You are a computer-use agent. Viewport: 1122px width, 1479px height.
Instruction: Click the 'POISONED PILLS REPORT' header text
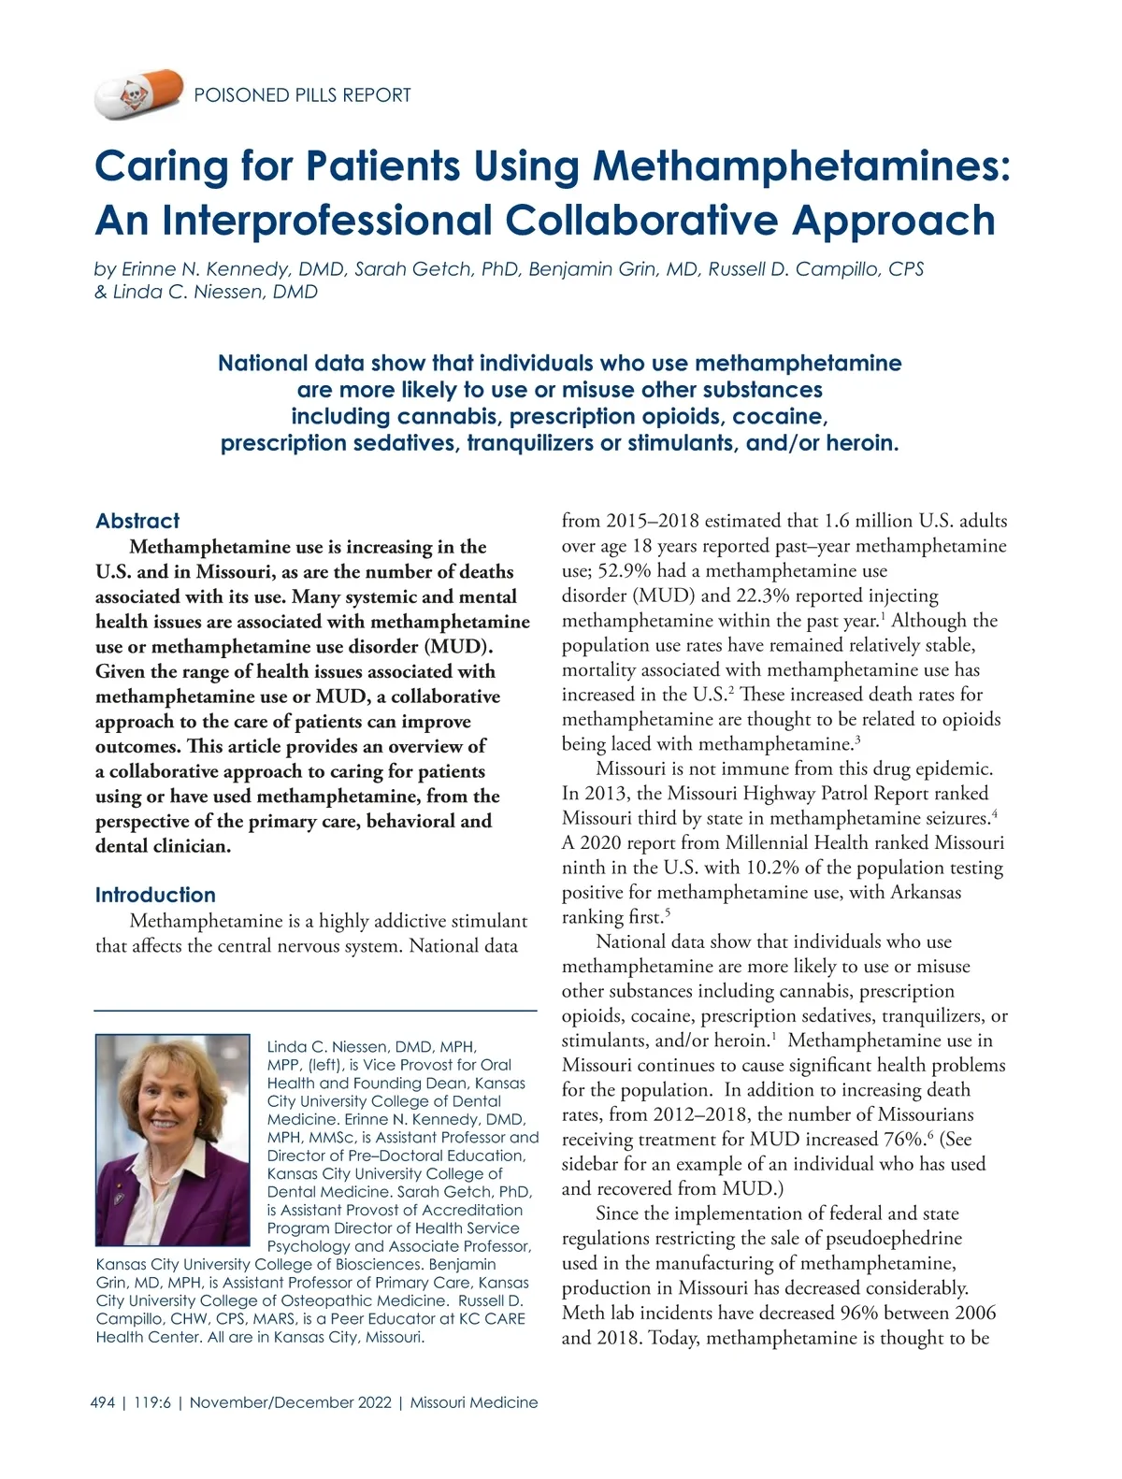click(x=302, y=95)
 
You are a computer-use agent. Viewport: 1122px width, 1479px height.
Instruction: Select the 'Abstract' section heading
click(x=137, y=521)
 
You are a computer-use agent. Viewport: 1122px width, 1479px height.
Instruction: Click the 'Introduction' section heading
click(x=155, y=895)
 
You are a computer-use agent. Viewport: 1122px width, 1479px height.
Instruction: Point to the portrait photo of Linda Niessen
click(x=173, y=1139)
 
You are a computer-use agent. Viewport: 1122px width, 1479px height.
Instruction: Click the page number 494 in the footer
click(x=103, y=1402)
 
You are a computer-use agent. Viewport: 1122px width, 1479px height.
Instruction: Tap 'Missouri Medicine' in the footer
click(x=474, y=1402)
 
